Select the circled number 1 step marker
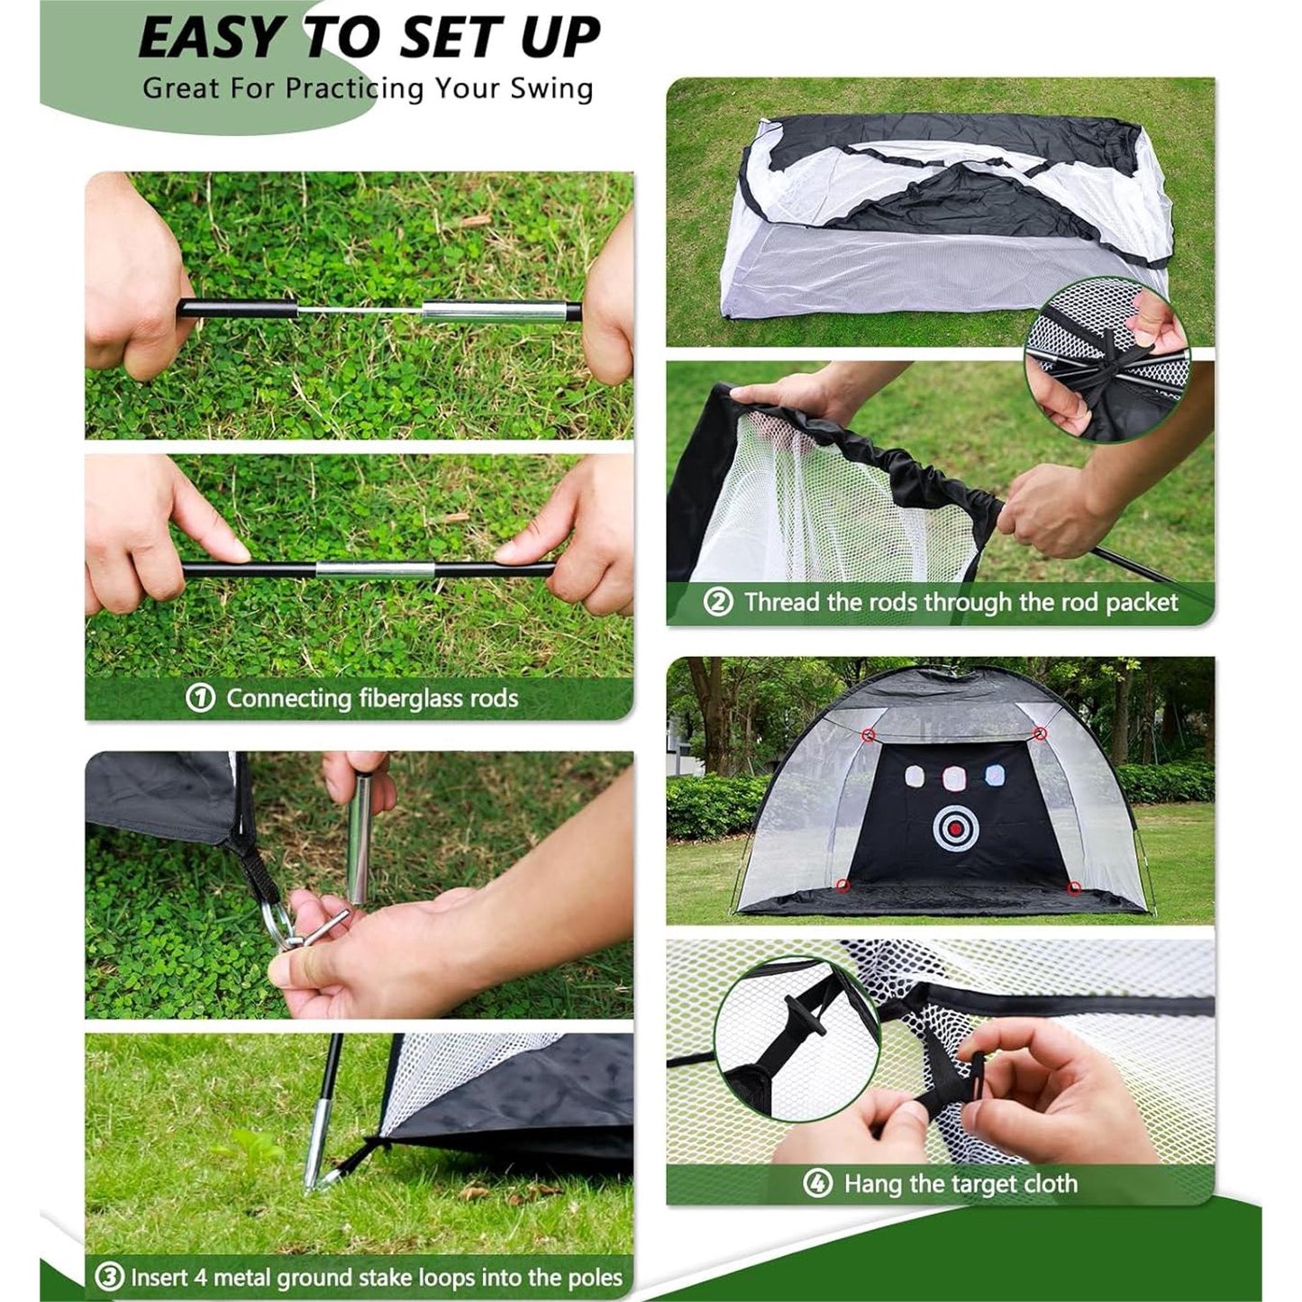[x=201, y=698]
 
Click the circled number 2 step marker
[x=718, y=601]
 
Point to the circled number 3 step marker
[x=109, y=1258]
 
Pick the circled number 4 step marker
[x=817, y=1183]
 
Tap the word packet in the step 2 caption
[x=1142, y=603]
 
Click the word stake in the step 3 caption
[x=384, y=1258]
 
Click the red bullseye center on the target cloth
[x=955, y=827]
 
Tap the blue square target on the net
[x=996, y=775]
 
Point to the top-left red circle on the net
[x=870, y=734]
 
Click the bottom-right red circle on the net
[x=1074, y=888]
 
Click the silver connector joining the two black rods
[x=375, y=569]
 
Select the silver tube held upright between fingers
[x=359, y=839]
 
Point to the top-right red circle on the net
[x=1042, y=733]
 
